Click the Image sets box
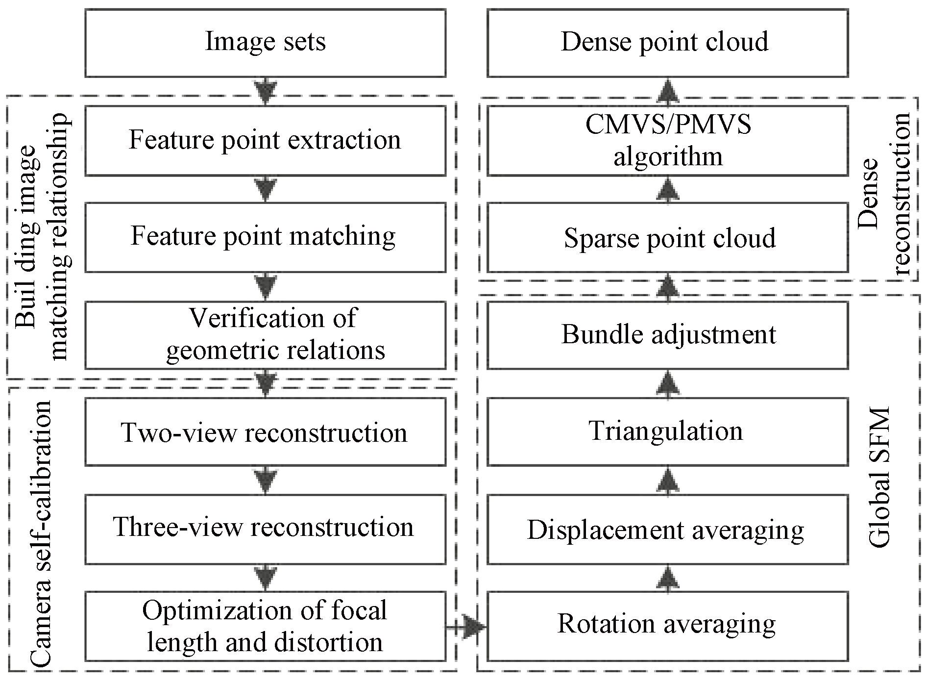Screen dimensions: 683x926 (x=265, y=43)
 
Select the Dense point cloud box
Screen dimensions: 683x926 (x=667, y=43)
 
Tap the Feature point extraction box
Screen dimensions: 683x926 (x=265, y=141)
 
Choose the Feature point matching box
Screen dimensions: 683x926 (x=265, y=237)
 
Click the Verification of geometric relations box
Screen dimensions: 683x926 (x=265, y=335)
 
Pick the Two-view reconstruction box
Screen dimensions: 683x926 (x=265, y=432)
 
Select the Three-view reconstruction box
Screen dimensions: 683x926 (x=265, y=529)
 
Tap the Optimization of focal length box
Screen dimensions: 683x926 (x=265, y=626)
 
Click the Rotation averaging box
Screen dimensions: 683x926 (x=667, y=626)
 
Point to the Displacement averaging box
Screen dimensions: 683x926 (x=667, y=530)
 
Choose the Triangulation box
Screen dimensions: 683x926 (x=667, y=432)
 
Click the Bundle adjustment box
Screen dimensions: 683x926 (x=667, y=335)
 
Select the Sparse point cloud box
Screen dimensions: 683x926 (x=667, y=238)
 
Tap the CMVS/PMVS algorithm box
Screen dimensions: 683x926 (x=667, y=141)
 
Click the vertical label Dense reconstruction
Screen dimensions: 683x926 (x=884, y=194)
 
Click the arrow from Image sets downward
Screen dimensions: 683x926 (x=265, y=91)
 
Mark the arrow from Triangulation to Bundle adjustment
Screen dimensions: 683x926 (x=667, y=383)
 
